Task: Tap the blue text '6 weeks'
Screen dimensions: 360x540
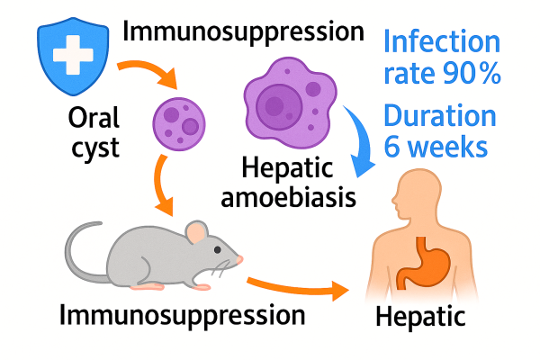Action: tap(439, 147)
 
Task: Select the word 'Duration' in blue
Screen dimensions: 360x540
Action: tap(440, 116)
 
